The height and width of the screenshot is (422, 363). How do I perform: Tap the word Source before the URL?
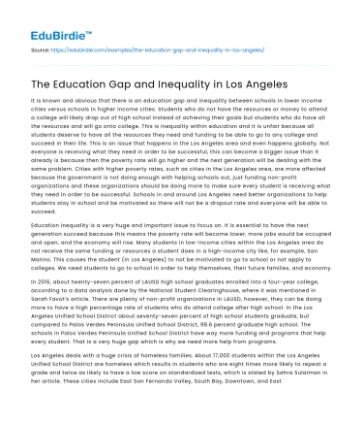(42, 47)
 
